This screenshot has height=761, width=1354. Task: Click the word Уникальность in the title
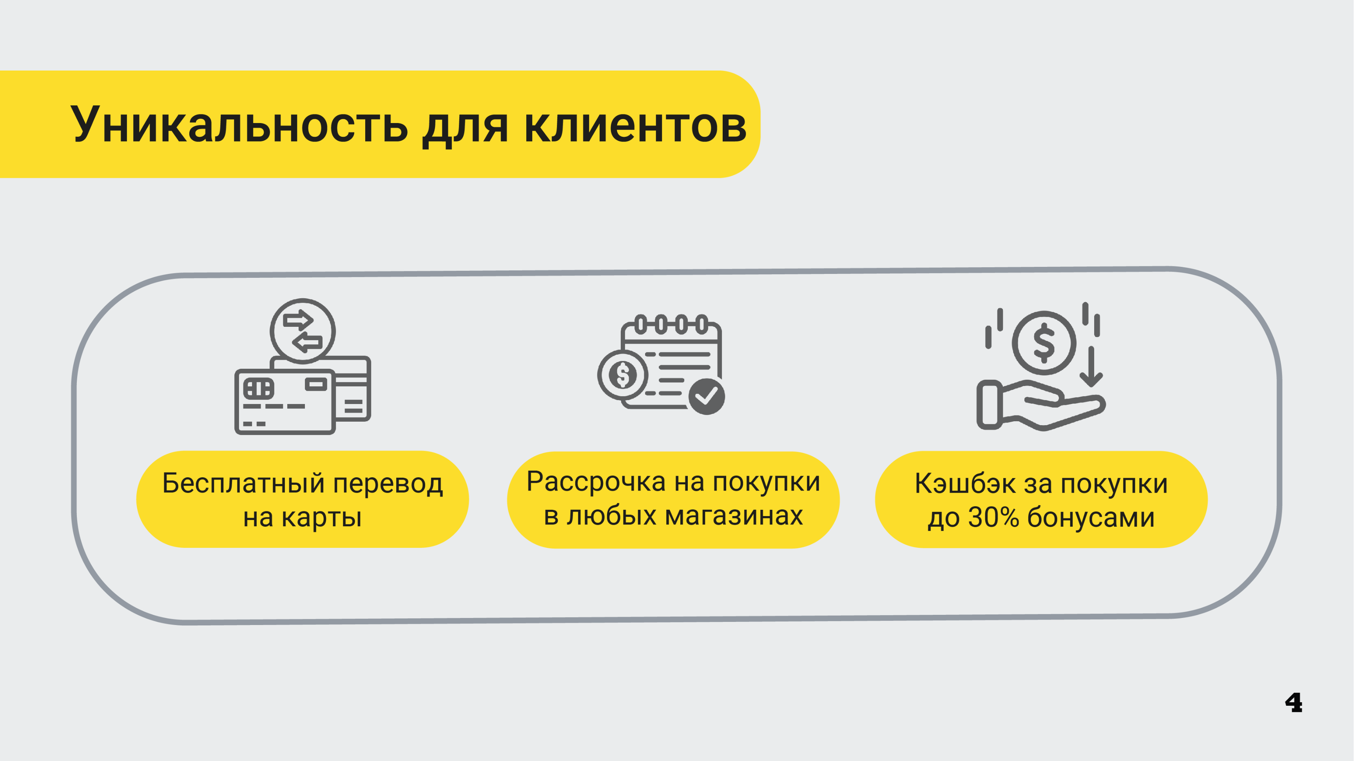point(239,125)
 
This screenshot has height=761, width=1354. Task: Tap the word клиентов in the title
point(636,125)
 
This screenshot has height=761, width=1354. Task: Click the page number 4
point(1294,703)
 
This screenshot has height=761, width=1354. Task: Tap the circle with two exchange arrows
point(303,331)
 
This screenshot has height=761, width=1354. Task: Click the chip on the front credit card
point(258,388)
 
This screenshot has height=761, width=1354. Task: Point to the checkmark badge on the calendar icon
point(707,396)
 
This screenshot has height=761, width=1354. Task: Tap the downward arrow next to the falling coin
point(1091,367)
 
